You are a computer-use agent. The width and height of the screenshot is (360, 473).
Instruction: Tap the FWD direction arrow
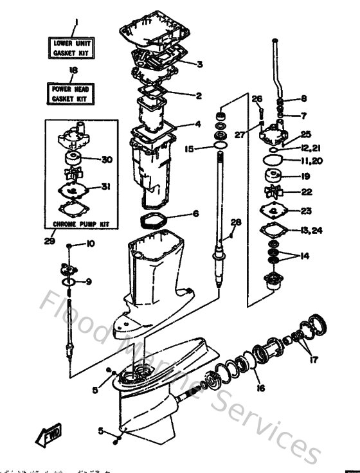(x=48, y=438)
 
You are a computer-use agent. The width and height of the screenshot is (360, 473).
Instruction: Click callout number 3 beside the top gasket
(x=200, y=64)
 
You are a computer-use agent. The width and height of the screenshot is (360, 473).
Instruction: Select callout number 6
(x=196, y=213)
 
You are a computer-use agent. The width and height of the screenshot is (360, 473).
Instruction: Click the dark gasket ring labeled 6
(x=155, y=220)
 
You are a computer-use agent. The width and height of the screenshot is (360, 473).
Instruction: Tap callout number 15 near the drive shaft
(x=189, y=148)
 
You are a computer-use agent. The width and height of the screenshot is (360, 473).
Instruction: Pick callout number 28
(x=236, y=222)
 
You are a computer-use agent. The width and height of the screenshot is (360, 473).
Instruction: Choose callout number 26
(x=257, y=98)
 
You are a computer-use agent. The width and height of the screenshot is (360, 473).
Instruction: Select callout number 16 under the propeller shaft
(x=260, y=388)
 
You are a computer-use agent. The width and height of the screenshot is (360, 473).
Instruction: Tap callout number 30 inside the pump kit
(x=107, y=160)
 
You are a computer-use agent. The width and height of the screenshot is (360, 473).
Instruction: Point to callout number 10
(x=91, y=244)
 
